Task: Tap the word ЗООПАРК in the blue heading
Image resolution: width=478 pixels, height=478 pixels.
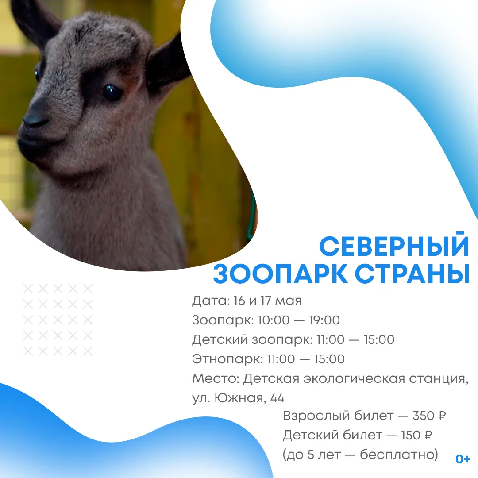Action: pos(280,274)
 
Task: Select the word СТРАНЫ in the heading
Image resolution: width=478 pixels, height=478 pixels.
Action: pos(412,274)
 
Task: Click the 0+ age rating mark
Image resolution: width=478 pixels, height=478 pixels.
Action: pos(463,459)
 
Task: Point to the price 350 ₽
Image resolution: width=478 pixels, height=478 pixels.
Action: pos(429,416)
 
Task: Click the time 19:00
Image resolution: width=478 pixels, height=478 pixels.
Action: pos(324,320)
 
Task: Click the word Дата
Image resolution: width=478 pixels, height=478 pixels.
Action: pos(210,301)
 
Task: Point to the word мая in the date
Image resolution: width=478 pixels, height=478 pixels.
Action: pos(289,301)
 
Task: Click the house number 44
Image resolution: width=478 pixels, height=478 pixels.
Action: pos(277,398)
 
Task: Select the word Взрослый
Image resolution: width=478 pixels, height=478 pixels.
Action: pos(316,416)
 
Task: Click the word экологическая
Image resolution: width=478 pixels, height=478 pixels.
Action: pos(354,378)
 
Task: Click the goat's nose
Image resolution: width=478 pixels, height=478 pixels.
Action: pos(35,119)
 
